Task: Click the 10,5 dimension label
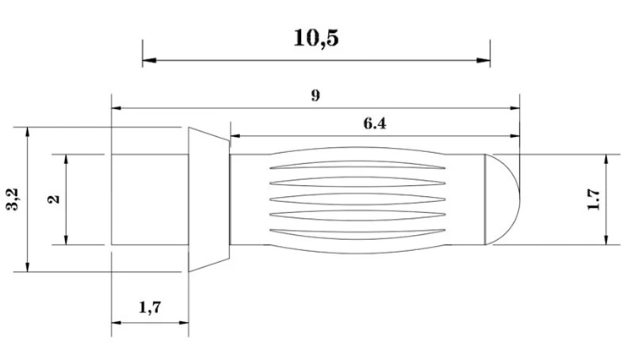click(316, 39)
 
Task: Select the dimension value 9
click(314, 95)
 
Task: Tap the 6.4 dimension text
click(374, 123)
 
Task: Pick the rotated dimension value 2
click(54, 199)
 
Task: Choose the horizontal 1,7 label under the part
click(150, 308)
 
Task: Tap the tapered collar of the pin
click(208, 200)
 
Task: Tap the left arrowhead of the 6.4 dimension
click(235, 135)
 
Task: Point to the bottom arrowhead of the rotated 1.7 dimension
click(607, 239)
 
